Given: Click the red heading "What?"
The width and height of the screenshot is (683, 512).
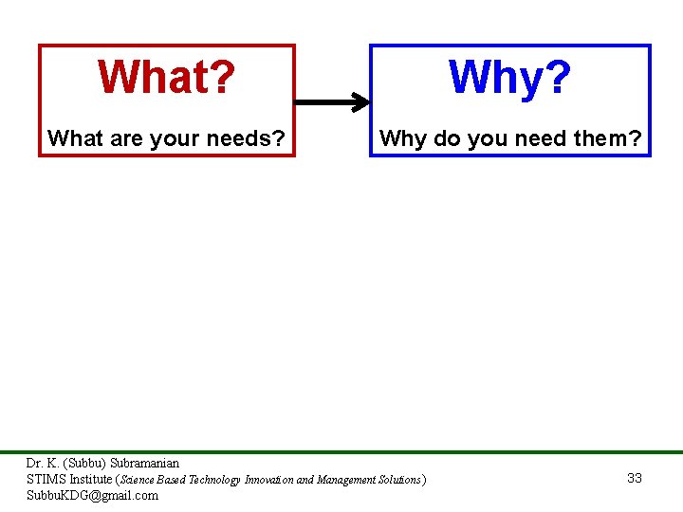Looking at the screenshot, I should pos(166,78).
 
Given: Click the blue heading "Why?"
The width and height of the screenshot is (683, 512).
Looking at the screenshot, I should pos(509,78).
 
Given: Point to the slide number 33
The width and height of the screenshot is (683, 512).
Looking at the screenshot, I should pos(635,478).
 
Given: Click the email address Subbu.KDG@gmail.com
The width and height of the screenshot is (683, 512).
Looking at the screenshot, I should pos(92,495).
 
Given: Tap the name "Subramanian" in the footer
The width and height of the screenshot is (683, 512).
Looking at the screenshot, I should pos(144,464).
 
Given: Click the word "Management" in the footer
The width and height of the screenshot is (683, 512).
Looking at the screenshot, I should pos(344,480).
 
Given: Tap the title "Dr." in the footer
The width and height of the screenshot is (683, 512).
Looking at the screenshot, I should pos(34,464).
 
